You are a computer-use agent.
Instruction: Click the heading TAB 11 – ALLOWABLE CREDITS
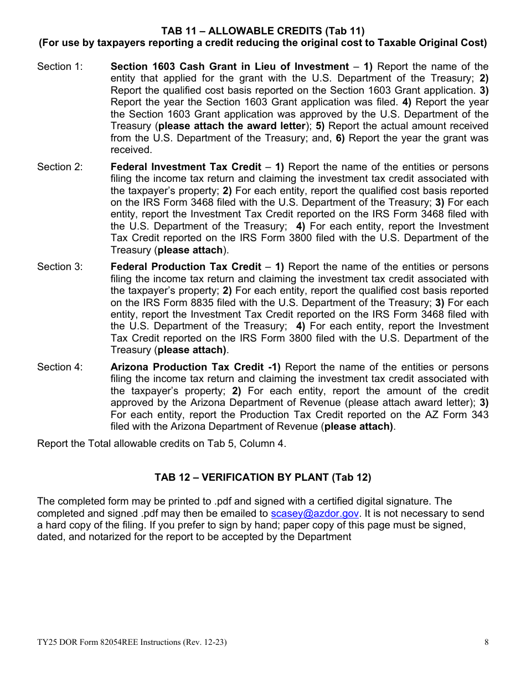(x=262, y=30)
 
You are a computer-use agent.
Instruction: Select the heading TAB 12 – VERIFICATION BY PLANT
(x=262, y=477)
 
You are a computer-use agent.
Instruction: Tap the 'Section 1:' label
(x=60, y=67)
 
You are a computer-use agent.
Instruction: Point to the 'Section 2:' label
(x=60, y=167)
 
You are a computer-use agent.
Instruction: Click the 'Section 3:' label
(x=60, y=267)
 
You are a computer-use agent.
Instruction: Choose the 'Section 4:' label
(x=60, y=367)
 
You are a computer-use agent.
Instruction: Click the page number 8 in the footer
(x=486, y=643)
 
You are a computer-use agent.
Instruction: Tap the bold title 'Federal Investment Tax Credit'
(x=185, y=167)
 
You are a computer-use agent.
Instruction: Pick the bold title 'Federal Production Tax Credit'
(x=185, y=267)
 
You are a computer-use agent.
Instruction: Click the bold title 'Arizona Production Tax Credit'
(x=187, y=367)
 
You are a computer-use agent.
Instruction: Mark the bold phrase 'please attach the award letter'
(x=232, y=126)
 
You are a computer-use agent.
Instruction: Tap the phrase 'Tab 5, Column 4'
(x=250, y=443)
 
